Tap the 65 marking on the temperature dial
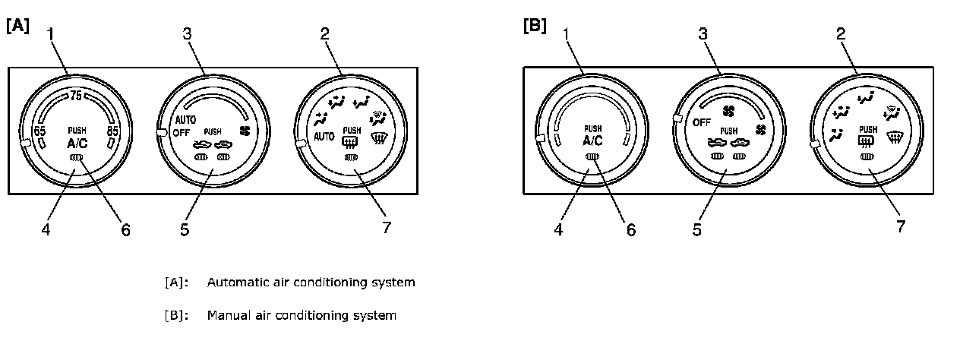(40, 131)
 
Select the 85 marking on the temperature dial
(112, 131)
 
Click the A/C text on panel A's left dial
(76, 142)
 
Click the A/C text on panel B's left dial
(592, 141)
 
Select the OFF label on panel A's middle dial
(180, 133)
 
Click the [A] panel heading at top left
(17, 26)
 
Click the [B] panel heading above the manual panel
(534, 26)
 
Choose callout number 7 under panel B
(901, 226)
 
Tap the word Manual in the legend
(226, 314)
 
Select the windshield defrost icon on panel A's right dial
(378, 138)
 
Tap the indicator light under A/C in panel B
(593, 156)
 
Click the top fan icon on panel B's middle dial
(728, 111)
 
